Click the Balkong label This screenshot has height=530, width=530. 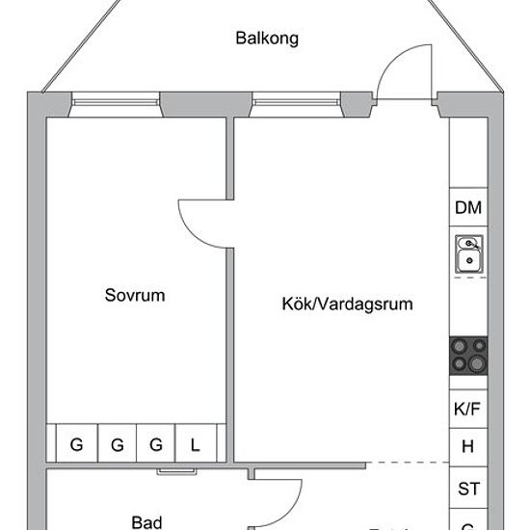(267, 40)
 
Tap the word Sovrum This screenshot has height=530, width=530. (135, 296)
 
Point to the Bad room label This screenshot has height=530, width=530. (146, 521)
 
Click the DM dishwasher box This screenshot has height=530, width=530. (468, 208)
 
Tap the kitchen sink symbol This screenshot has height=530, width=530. (468, 253)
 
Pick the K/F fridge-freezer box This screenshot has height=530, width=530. (468, 409)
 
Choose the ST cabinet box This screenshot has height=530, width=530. (468, 489)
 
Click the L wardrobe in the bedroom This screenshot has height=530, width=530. (196, 444)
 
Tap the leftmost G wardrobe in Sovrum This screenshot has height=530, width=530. (75, 444)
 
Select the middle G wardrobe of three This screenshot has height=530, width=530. (117, 444)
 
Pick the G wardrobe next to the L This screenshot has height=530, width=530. (156, 444)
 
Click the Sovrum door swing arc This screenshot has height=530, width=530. (200, 222)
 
